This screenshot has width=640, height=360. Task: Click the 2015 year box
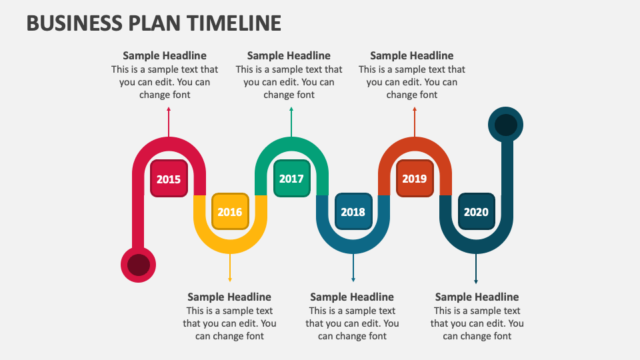tap(169, 179)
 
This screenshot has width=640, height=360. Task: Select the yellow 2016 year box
tap(230, 212)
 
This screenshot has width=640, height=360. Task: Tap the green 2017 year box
tap(291, 179)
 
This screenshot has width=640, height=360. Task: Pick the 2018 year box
tap(353, 212)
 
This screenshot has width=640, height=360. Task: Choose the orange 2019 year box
tap(414, 179)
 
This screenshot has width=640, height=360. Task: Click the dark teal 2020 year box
tap(476, 212)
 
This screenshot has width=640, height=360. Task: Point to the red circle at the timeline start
tap(138, 265)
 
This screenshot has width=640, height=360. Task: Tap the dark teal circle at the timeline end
tap(506, 125)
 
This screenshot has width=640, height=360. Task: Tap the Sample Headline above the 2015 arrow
tap(165, 56)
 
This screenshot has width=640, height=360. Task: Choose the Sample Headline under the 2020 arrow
tap(477, 297)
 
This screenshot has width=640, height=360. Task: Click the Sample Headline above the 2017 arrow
tap(289, 56)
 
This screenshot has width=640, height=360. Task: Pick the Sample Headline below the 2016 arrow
tap(229, 297)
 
